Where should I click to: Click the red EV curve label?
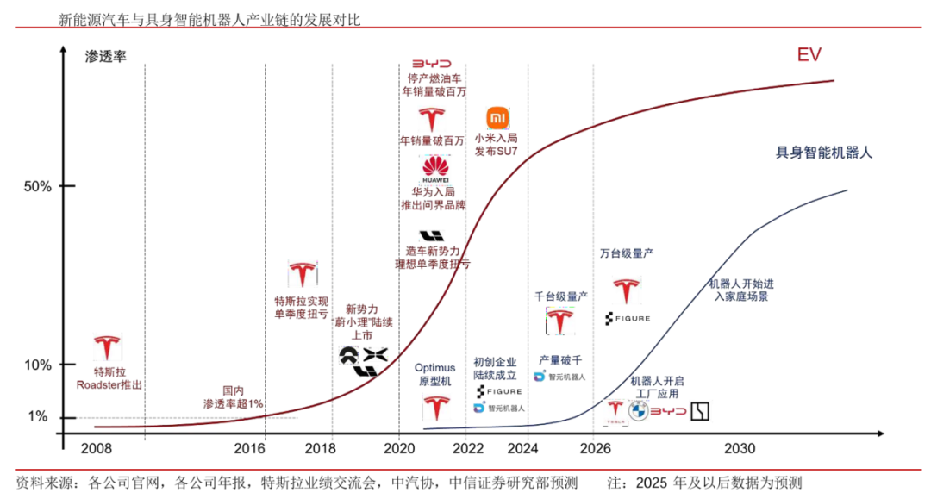point(808,56)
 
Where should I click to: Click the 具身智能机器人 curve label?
point(824,153)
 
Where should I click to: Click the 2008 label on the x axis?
point(97,449)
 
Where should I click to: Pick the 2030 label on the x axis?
point(740,449)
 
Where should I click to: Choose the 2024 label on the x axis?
point(532,449)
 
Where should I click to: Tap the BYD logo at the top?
point(430,65)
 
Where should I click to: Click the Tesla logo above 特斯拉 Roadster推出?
point(108,346)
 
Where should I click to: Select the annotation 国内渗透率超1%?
point(233,396)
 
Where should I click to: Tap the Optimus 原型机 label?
point(434,375)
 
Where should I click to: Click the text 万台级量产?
point(627,254)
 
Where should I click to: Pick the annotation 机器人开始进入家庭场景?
point(740,290)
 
